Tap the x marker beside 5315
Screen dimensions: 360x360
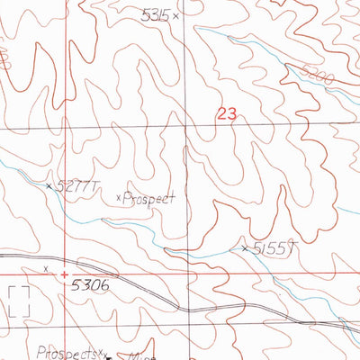(x=176, y=16)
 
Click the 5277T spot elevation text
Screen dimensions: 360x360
(x=76, y=186)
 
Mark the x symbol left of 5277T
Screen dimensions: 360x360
(x=49, y=185)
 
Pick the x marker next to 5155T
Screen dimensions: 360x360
(x=245, y=247)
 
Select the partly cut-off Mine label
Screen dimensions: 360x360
(x=125, y=356)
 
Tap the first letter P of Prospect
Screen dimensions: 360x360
(x=126, y=197)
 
